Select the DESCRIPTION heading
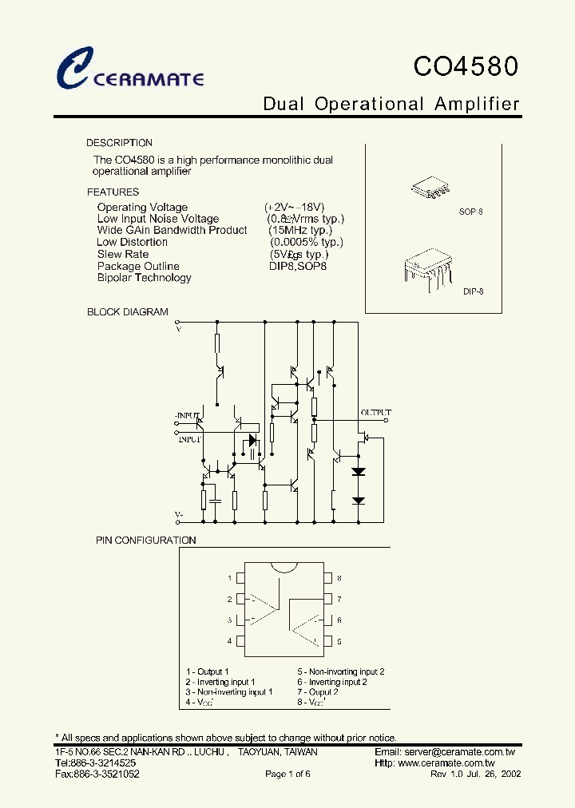tap(119, 143)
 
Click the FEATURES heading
tap(113, 192)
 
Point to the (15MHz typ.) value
tap(300, 230)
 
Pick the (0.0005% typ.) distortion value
tap(306, 242)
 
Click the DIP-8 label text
tap(473, 292)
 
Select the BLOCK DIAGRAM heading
tap(128, 312)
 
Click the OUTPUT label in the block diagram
tap(375, 413)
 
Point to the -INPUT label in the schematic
tap(187, 416)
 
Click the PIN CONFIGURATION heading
tap(146, 541)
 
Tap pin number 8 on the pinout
tap(339, 578)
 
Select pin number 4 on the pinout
tap(230, 641)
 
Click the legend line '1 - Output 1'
tap(207, 672)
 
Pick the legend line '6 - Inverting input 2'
tap(332, 683)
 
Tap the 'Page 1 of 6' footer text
tap(287, 774)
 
